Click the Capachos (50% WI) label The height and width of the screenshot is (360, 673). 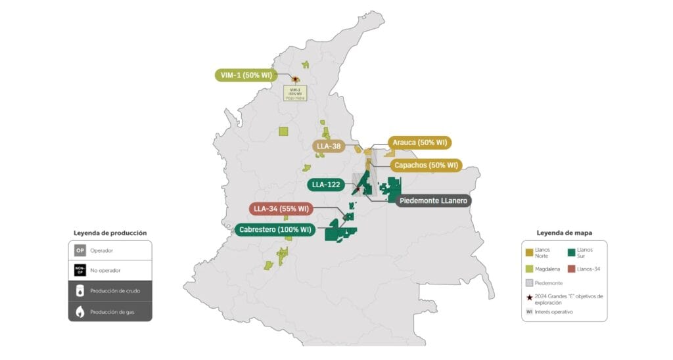pyautogui.click(x=425, y=165)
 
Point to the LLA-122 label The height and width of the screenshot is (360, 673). pyautogui.click(x=325, y=185)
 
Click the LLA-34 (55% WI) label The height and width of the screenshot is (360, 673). pyautogui.click(x=281, y=209)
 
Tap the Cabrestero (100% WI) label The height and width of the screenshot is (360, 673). pyautogui.click(x=275, y=231)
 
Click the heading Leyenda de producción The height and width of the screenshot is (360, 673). pyautogui.click(x=110, y=233)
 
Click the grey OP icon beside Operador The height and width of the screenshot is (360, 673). pyautogui.click(x=80, y=250)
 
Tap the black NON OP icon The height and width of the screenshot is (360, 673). pyautogui.click(x=80, y=270)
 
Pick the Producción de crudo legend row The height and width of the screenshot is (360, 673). pyautogui.click(x=110, y=290)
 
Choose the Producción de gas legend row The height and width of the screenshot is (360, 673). pyautogui.click(x=110, y=311)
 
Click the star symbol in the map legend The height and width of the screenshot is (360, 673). pyautogui.click(x=528, y=297)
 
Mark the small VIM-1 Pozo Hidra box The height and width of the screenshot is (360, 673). pyautogui.click(x=295, y=93)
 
